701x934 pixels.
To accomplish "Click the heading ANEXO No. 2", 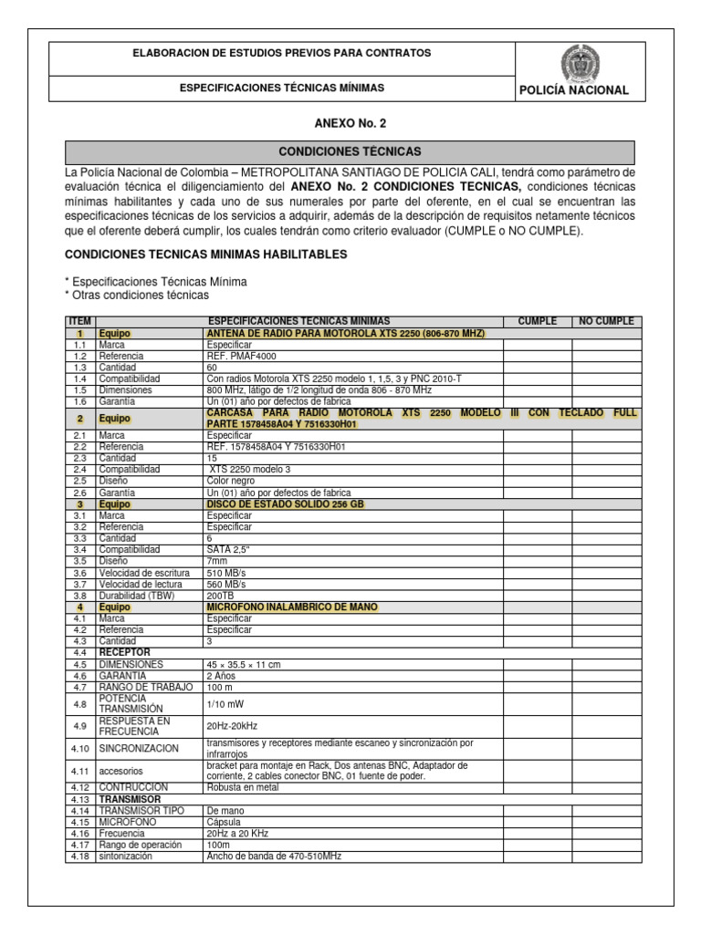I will (x=350, y=122).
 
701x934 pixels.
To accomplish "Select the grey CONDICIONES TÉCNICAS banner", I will (x=350, y=151).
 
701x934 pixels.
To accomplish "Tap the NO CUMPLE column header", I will (x=607, y=321).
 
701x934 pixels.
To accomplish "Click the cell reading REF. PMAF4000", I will (x=241, y=357).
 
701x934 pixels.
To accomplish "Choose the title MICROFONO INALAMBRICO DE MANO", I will (x=291, y=607).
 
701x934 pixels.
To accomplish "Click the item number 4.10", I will (x=79, y=748).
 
